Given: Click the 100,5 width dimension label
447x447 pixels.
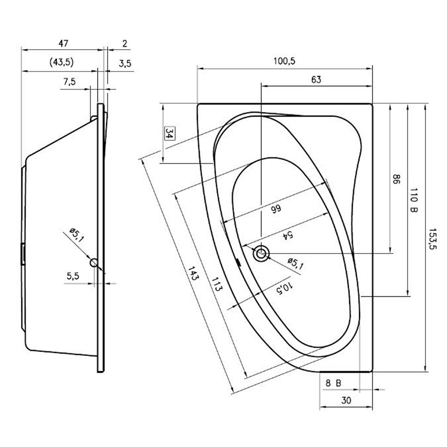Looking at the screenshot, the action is [284, 61].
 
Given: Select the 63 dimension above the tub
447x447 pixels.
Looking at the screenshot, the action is [316, 80].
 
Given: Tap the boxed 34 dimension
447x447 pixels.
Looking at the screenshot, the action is [169, 133].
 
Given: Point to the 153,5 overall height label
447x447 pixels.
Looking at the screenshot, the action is [432, 239].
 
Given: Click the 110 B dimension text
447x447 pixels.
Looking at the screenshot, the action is [413, 200].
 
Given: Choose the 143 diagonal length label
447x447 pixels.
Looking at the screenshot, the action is [193, 273].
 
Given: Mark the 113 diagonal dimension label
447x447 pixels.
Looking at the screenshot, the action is [216, 284].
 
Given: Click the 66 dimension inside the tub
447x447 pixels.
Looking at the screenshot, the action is [276, 209].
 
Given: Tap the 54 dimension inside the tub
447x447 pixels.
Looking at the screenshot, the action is [287, 234].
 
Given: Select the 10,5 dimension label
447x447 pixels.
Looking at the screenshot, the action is [285, 288].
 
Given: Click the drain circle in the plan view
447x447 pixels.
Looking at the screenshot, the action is [261, 253].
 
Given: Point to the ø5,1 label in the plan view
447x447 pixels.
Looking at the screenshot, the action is [295, 264].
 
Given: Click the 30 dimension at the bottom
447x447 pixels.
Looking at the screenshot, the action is [346, 401].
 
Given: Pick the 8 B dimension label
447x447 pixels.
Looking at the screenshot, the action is [333, 383].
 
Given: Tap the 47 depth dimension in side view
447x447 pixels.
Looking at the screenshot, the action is [63, 44].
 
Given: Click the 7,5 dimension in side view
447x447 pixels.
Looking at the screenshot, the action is [69, 82].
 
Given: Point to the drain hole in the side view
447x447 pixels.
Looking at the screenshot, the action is [94, 262].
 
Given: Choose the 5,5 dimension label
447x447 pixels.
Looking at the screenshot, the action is [73, 276].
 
